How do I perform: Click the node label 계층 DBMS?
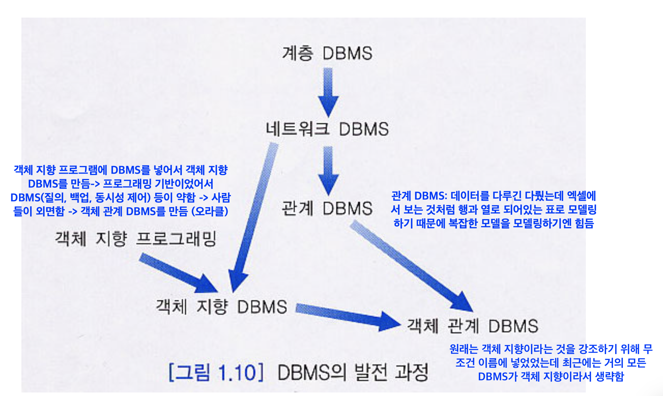(x=327, y=53)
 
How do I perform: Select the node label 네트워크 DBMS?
(x=327, y=129)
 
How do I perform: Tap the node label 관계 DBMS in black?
(x=327, y=208)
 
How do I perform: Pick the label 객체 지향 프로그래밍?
(x=136, y=238)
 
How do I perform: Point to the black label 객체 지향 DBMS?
(x=221, y=307)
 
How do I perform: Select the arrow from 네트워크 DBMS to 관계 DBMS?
(x=328, y=170)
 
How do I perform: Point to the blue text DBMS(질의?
(x=38, y=197)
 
